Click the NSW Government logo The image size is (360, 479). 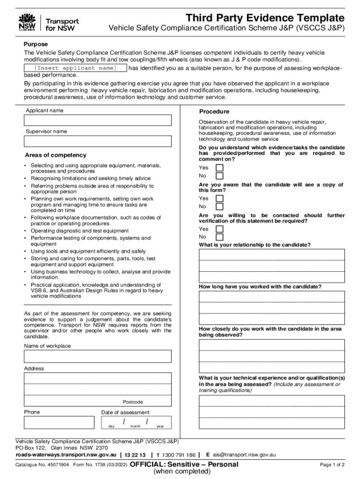(x=27, y=22)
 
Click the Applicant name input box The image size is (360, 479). (x=98, y=120)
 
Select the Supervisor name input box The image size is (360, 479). (x=98, y=141)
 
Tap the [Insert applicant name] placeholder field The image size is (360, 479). (x=75, y=68)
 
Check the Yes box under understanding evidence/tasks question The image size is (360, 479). (x=219, y=168)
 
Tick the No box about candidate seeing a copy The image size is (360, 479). (x=219, y=206)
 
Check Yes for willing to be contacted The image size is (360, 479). (x=219, y=229)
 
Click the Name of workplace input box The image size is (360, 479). (x=98, y=356)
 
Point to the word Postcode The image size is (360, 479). (x=133, y=402)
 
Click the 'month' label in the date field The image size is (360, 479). (x=135, y=427)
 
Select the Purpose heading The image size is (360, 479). (x=36, y=44)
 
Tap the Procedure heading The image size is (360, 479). (x=214, y=112)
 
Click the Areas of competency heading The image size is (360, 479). (x=56, y=155)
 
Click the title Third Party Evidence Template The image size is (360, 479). (x=265, y=18)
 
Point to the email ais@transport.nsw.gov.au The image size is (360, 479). (x=244, y=455)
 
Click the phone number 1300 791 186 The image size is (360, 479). (x=179, y=455)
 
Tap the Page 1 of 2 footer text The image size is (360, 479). (x=332, y=465)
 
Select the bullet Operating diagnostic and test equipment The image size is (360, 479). (x=79, y=231)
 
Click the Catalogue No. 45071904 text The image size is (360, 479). (x=42, y=465)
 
